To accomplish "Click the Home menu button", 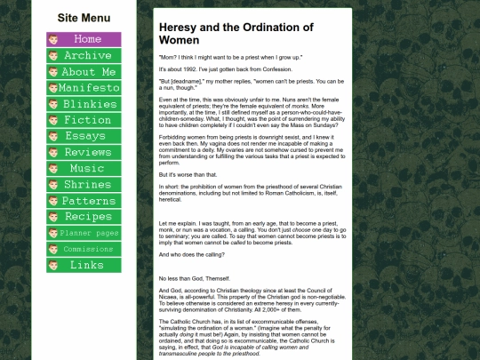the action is pyautogui.click(x=84, y=39).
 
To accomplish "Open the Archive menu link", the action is pyautogui.click(x=84, y=55).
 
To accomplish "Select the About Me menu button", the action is pyautogui.click(x=84, y=72).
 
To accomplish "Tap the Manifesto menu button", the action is pyautogui.click(x=84, y=88).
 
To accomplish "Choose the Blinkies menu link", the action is pyautogui.click(x=84, y=104).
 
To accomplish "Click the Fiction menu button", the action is pyautogui.click(x=84, y=120).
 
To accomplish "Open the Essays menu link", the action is pyautogui.click(x=84, y=136).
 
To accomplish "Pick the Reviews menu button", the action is pyautogui.click(x=84, y=152).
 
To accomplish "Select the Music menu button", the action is pyautogui.click(x=84, y=168).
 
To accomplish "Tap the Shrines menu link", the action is pyautogui.click(x=84, y=184).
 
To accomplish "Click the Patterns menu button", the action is pyautogui.click(x=84, y=201).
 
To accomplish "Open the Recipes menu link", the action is pyautogui.click(x=84, y=217).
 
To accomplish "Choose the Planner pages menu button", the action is pyautogui.click(x=84, y=233).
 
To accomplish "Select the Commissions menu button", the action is pyautogui.click(x=84, y=249).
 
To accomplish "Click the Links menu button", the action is pyautogui.click(x=84, y=265).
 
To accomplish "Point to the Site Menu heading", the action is pyautogui.click(x=84, y=17).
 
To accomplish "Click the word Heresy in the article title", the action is pyautogui.click(x=180, y=28).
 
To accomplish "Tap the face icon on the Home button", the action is pyautogui.click(x=53, y=40).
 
